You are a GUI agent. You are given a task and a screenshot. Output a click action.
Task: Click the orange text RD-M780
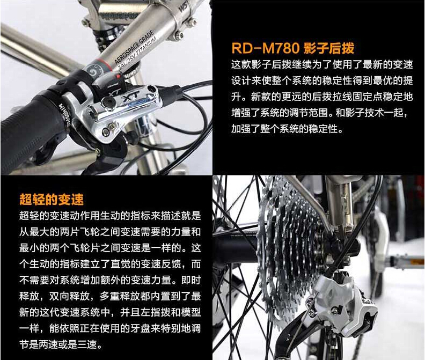(x=265, y=48)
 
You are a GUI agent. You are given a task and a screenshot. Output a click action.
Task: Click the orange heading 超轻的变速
(x=52, y=199)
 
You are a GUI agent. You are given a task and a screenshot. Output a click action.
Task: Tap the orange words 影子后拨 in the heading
(x=328, y=48)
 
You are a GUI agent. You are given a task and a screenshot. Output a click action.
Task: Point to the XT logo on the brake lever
(x=129, y=97)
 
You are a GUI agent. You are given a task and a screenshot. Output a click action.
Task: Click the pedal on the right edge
(x=407, y=262)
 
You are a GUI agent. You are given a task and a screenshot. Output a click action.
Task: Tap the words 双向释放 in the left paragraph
(x=69, y=296)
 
